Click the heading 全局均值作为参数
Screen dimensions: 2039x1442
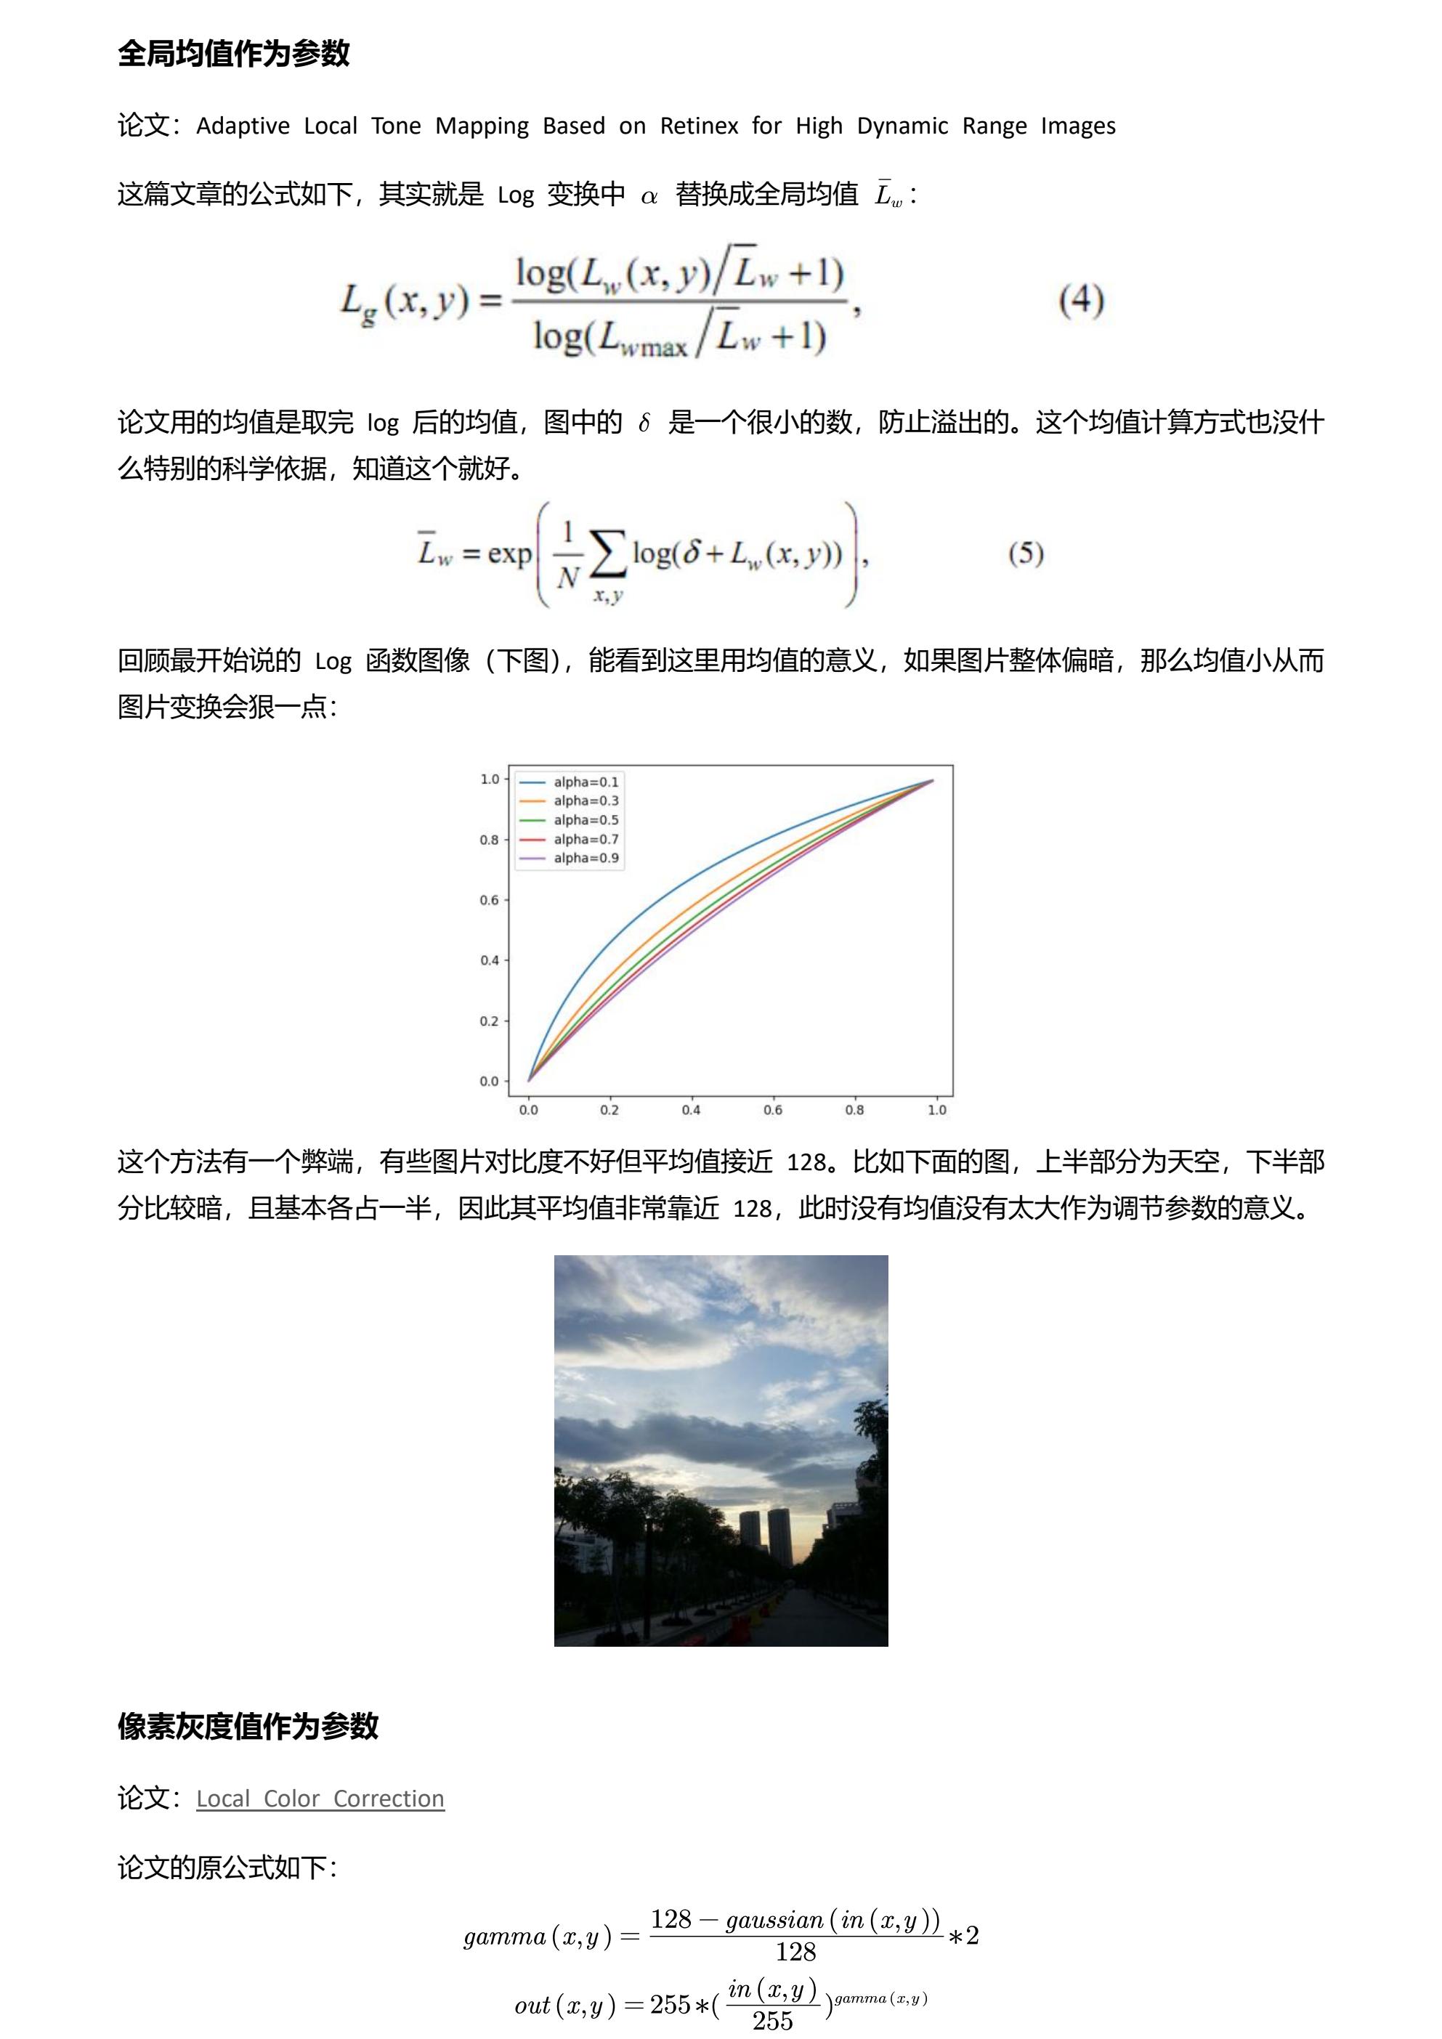coord(233,53)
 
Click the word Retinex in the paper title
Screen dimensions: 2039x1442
coord(699,126)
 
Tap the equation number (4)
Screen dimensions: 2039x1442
coord(1081,300)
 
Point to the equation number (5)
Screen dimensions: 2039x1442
coord(1026,554)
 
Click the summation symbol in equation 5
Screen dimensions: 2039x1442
coord(607,554)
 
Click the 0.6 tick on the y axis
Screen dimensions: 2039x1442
coord(489,899)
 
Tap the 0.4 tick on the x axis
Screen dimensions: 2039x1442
coord(691,1110)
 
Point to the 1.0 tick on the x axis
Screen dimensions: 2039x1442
coord(937,1110)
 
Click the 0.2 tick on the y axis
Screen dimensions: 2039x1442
coord(489,1021)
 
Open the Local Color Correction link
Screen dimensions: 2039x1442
coord(320,1799)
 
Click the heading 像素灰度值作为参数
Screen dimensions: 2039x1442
coord(248,1727)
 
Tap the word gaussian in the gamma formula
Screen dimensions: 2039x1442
coord(774,1920)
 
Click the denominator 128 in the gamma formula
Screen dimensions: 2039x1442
coord(795,1952)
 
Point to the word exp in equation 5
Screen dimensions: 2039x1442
coord(509,554)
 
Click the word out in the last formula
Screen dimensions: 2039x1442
coord(532,2006)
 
